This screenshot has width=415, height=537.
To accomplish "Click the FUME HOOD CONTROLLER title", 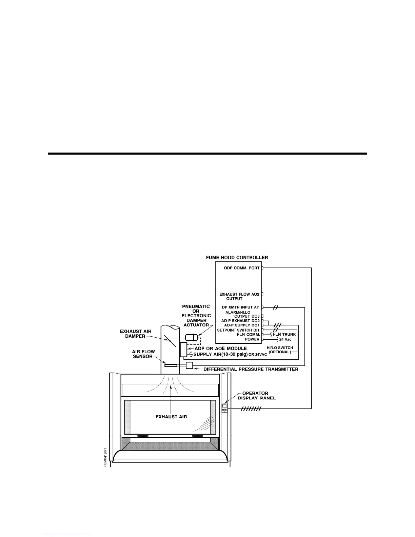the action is point(237,258).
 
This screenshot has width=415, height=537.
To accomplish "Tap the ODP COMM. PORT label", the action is point(242,268).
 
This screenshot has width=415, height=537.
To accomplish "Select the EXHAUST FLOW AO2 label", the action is point(239,294).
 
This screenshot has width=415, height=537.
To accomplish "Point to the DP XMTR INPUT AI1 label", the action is point(238,307).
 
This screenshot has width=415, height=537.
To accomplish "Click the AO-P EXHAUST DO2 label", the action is point(238,321).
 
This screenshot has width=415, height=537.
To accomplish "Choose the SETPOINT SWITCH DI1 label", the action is point(238,330).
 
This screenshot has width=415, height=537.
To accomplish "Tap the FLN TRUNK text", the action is point(284,335).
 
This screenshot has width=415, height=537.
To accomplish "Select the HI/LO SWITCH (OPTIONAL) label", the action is point(280,350).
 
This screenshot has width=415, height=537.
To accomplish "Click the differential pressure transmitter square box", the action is point(190,365).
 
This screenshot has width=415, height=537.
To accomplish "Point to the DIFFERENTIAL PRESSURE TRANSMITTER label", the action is point(251,369).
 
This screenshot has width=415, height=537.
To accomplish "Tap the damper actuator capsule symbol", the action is point(192,337).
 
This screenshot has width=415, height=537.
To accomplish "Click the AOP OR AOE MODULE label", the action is point(220,349).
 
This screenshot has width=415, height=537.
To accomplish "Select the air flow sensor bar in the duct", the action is point(171,365).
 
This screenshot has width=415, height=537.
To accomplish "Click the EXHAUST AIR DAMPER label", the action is point(136,334).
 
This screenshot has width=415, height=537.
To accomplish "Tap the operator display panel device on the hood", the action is point(224,407).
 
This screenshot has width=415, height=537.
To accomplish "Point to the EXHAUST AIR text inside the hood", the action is point(171,417).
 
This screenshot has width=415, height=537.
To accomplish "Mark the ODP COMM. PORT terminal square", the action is point(262,268).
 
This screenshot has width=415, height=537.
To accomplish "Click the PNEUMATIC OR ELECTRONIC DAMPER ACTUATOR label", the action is point(196,316).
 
